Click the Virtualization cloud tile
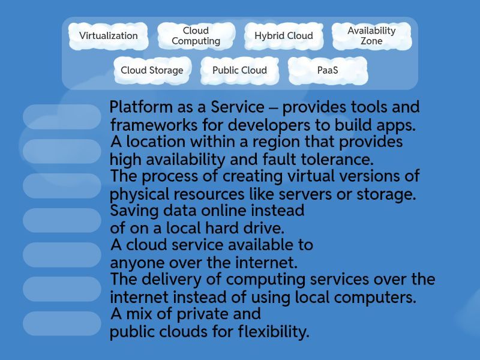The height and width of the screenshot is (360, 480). point(109,36)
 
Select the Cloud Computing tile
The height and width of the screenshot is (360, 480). point(196,36)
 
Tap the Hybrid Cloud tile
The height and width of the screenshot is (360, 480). point(283,36)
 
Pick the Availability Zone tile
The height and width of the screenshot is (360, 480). point(371,36)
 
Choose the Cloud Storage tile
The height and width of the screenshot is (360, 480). point(152,70)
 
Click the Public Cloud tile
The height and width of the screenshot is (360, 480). point(239,70)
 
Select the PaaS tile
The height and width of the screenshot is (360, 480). point(327,70)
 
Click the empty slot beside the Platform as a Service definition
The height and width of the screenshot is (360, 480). point(62,117)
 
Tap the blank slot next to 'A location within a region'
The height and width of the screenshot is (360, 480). point(62,151)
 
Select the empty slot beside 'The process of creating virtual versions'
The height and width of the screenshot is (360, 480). point(62,185)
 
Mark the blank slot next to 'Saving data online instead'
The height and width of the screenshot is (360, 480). point(62,220)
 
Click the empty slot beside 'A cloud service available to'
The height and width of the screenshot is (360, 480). point(62,254)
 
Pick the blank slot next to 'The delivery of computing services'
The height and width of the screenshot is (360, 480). point(62,289)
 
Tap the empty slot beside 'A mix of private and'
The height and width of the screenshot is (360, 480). point(62,323)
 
